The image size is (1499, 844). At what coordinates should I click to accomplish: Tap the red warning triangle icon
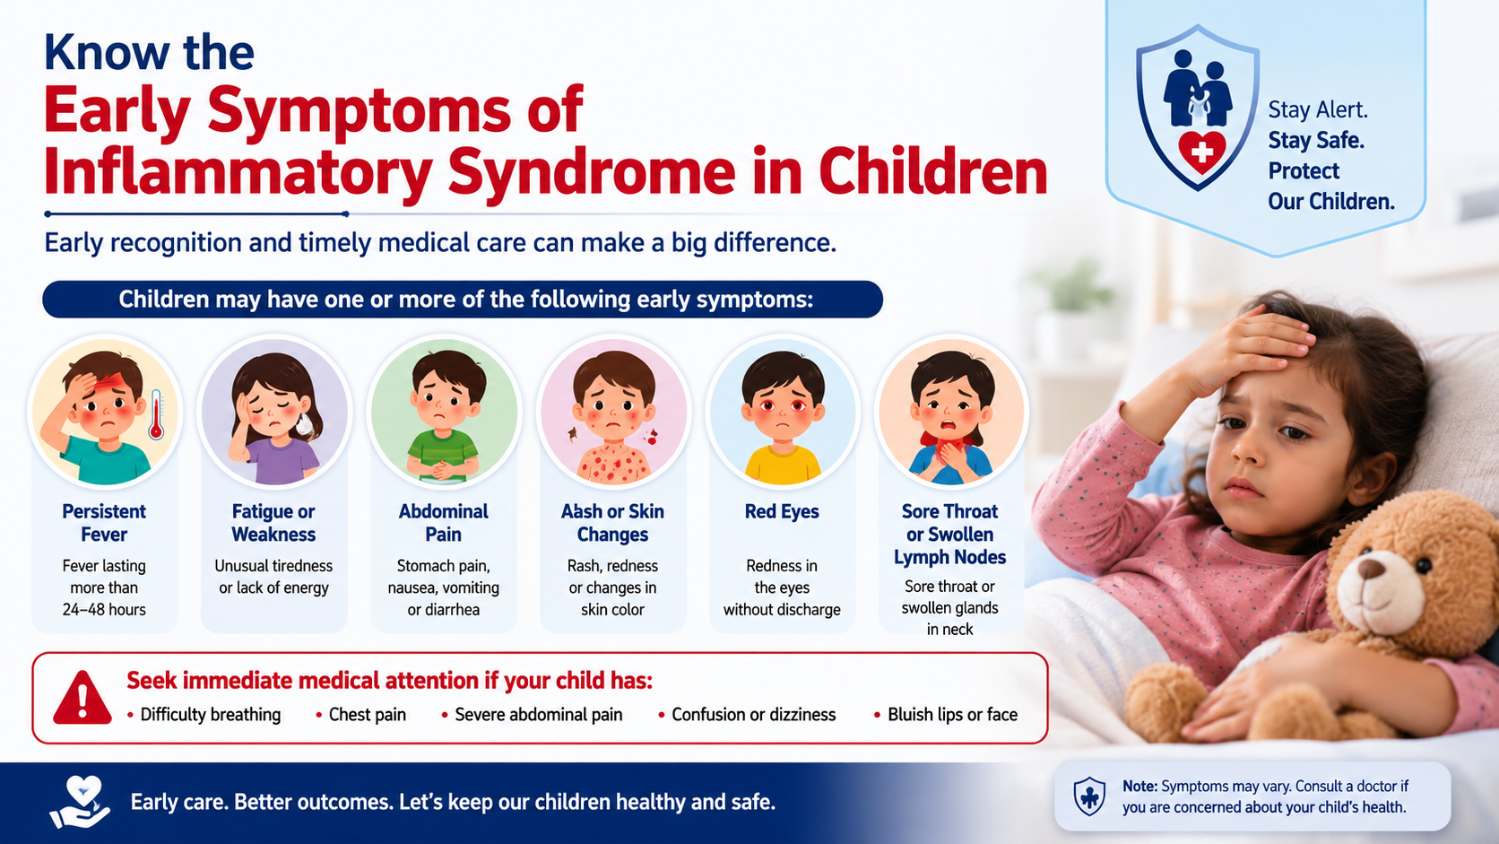point(82,698)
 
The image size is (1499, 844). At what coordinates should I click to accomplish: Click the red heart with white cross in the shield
point(1202,152)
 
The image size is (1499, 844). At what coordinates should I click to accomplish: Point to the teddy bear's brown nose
point(1370,569)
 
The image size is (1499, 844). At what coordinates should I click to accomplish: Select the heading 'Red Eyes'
point(782,511)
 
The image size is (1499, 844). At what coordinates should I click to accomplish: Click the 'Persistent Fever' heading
point(104,523)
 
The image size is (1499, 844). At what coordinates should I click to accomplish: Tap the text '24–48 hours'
point(104,610)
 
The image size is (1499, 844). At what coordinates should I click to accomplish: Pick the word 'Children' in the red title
point(932,172)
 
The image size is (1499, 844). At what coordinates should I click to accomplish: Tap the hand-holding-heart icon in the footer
point(80,802)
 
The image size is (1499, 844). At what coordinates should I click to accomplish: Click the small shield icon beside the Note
point(1088,796)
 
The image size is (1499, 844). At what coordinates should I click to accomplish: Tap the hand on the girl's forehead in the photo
point(1244,348)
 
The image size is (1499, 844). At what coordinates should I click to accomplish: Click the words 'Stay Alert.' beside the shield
point(1318,109)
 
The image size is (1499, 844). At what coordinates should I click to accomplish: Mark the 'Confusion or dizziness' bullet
point(748,714)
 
